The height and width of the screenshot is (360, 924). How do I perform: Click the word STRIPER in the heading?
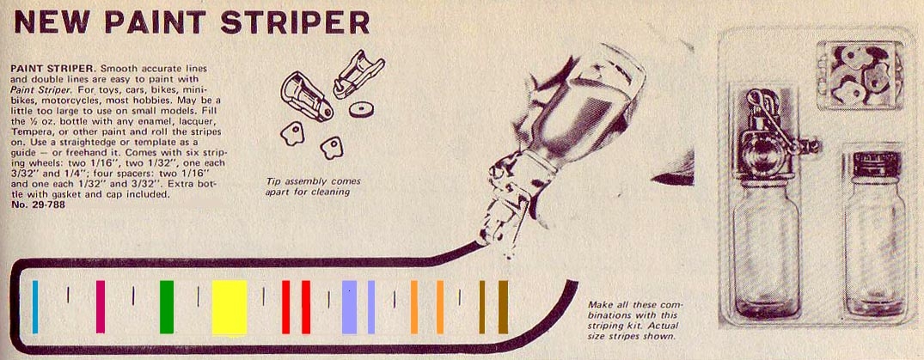tap(295, 22)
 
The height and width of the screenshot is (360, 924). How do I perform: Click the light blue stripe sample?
tap(35, 307)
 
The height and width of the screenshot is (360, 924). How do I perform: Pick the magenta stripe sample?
tap(101, 307)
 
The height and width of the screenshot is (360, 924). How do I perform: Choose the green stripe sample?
tap(167, 307)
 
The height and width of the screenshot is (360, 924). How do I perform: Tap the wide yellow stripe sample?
tap(229, 307)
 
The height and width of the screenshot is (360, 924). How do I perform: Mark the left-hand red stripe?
tap(286, 307)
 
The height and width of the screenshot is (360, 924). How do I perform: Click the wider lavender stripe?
tap(350, 307)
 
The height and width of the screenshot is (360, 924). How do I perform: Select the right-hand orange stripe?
tap(440, 307)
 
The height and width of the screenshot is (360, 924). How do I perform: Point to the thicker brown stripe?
tap(503, 307)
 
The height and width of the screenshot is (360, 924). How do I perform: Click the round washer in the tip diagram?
tap(361, 110)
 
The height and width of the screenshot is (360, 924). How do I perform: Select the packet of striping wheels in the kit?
tap(860, 76)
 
